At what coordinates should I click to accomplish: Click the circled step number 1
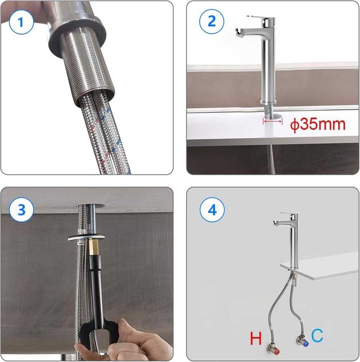21,22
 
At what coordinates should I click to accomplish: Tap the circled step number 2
211,22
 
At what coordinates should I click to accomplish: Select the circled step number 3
21,210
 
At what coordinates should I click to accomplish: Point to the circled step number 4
212,210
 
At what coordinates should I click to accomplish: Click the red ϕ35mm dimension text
318,125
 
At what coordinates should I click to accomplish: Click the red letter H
256,338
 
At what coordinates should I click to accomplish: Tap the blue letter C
317,336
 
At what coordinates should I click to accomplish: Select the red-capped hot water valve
273,349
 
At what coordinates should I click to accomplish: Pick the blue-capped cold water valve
302,341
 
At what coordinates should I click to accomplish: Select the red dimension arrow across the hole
273,121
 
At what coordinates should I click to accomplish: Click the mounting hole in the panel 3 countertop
90,205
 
